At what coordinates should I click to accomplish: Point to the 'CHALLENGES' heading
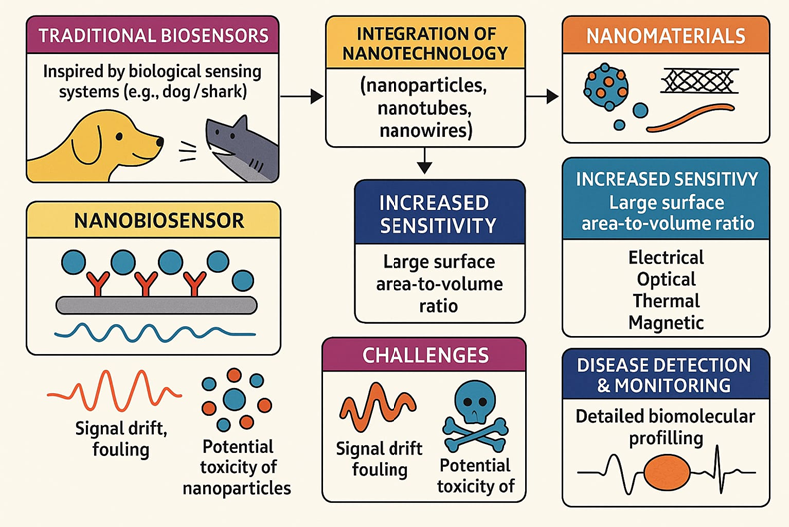[424, 356]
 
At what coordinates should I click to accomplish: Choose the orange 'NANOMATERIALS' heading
[666, 37]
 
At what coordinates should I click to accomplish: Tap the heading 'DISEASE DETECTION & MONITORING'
[666, 375]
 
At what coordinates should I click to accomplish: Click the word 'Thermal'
[665, 301]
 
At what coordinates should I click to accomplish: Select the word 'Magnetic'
[665, 323]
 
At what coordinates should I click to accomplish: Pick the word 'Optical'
[665, 279]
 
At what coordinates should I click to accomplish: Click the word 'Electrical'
[665, 258]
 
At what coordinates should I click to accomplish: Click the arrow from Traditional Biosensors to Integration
[302, 97]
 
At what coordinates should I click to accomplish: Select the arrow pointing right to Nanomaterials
[542, 97]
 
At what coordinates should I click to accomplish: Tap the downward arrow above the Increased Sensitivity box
[423, 159]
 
